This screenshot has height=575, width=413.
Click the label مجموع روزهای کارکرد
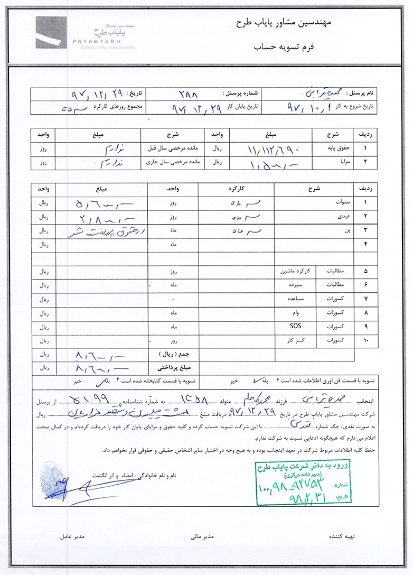[x=130, y=106]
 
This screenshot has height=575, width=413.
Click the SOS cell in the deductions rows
[x=296, y=327]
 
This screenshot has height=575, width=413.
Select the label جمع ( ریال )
[x=169, y=352]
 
